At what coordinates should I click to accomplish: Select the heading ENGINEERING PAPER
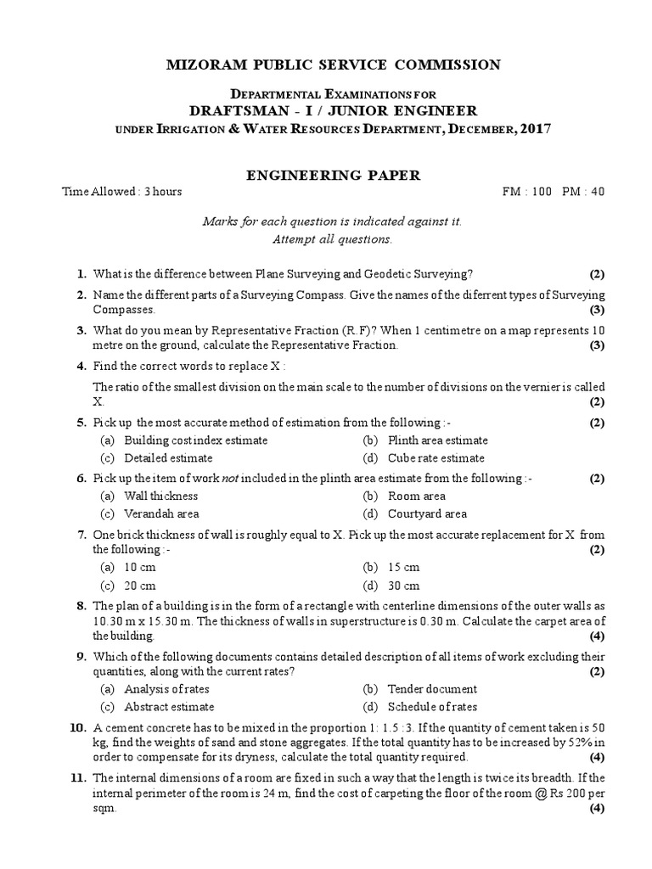pos(332,175)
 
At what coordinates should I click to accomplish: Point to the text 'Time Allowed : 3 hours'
pos(122,192)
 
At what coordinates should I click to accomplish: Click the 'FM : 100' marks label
pos(526,192)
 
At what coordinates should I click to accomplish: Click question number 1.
pos(81,273)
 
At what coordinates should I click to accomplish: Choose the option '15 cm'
pos(403,568)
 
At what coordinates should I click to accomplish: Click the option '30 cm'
pos(403,586)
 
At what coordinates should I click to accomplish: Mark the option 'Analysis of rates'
pos(166,689)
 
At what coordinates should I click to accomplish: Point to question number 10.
pos(79,727)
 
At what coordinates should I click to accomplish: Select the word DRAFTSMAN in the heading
pos(232,111)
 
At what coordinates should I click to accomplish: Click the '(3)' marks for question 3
pos(597,346)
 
